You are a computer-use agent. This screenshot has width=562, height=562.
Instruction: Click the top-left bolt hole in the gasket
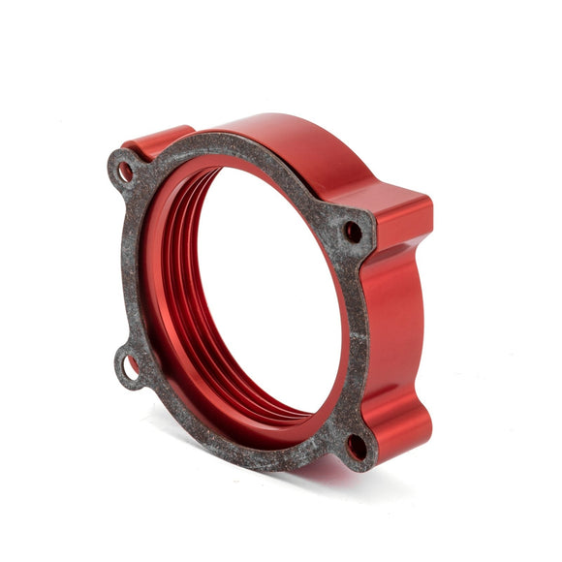(126, 172)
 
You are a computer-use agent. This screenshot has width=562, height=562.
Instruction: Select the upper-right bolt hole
(353, 232)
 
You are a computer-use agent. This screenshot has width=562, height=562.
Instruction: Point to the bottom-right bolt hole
(357, 447)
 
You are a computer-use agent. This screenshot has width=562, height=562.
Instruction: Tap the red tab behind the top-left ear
(155, 140)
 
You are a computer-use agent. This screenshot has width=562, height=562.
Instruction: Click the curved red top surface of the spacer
(281, 140)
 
